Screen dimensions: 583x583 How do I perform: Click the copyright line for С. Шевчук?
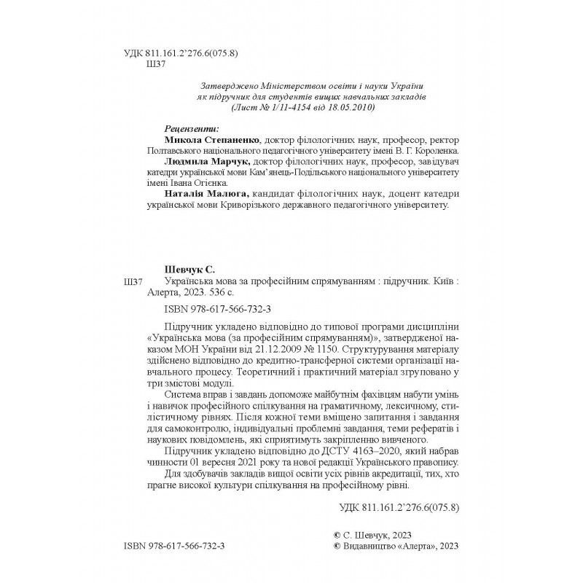click(x=373, y=534)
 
